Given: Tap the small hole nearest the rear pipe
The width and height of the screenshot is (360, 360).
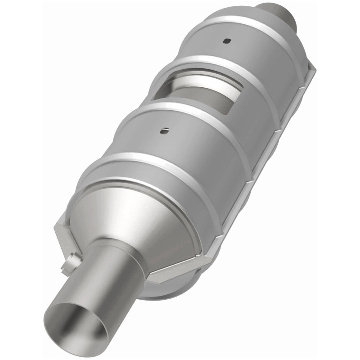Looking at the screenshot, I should click(x=225, y=41).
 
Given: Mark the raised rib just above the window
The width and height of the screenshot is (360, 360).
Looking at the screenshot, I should click(x=211, y=63).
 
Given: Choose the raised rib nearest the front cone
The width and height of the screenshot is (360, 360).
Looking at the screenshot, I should click(x=148, y=166).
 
